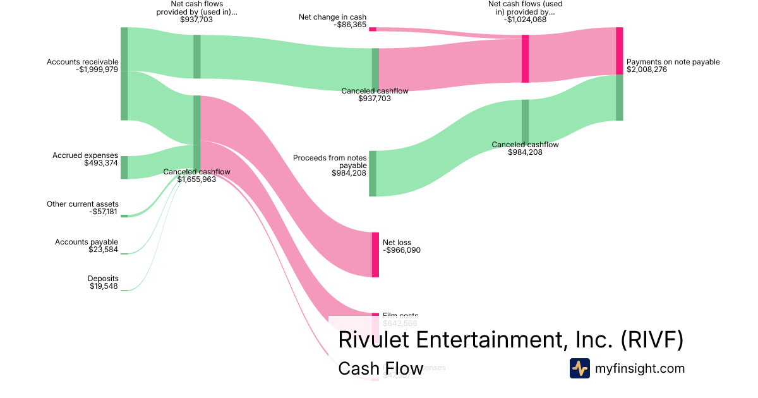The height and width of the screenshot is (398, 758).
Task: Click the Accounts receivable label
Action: pyautogui.click(x=83, y=62)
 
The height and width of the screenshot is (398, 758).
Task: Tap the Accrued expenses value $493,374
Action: pyautogui.click(x=101, y=163)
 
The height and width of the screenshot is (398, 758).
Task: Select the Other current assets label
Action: pyautogui.click(x=83, y=204)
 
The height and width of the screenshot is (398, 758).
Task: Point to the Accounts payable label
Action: pyautogui.click(x=87, y=242)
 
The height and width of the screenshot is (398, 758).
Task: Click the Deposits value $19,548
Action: pyautogui.click(x=104, y=286)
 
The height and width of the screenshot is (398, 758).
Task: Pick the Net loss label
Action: pyautogui.click(x=397, y=243)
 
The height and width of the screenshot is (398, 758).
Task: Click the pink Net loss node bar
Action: pyautogui.click(x=375, y=255)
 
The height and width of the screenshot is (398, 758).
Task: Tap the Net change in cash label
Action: pyautogui.click(x=332, y=17)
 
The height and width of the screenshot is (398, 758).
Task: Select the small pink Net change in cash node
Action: pyautogui.click(x=373, y=29)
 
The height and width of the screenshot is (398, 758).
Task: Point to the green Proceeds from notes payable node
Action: pyautogui.click(x=373, y=174)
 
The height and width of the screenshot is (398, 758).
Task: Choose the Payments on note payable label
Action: pyautogui.click(x=673, y=62)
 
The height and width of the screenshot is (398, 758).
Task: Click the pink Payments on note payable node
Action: pyautogui.click(x=619, y=51)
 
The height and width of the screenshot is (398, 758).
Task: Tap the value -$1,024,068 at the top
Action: pyautogui.click(x=525, y=20)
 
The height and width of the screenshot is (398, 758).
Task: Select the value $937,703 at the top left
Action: pyautogui.click(x=196, y=20)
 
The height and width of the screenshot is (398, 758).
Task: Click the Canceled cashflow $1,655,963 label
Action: pyautogui.click(x=197, y=176)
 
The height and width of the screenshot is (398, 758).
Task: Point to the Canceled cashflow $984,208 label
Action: pyautogui.click(x=526, y=148)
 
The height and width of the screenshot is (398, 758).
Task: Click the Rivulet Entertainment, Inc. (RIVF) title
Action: pyautogui.click(x=510, y=340)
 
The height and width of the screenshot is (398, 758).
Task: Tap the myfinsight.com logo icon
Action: pyautogui.click(x=579, y=368)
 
